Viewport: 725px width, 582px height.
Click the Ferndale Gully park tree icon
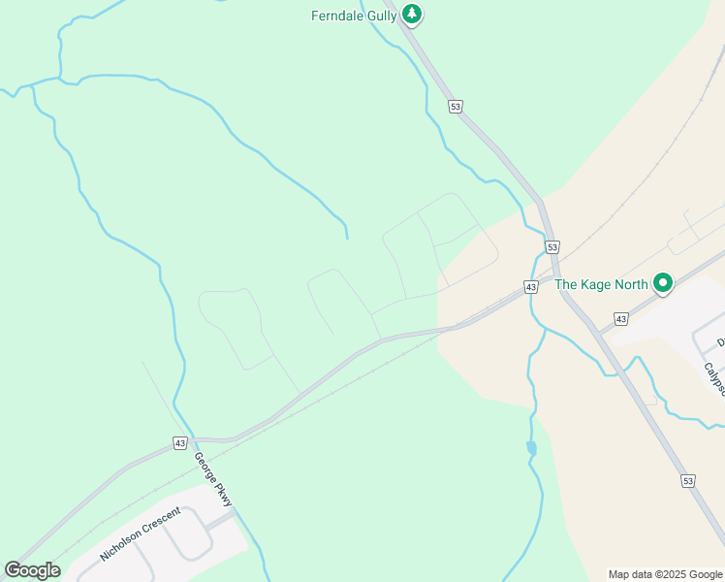413,14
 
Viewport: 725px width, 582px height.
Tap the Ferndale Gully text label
354,16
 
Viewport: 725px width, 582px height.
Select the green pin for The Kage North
663,283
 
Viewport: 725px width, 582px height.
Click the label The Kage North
601,285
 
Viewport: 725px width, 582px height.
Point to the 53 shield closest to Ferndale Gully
455,107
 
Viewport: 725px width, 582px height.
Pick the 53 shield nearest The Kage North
552,247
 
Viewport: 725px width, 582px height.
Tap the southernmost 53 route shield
687,480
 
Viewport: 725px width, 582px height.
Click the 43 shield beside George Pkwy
180,443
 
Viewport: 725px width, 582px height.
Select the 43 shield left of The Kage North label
531,287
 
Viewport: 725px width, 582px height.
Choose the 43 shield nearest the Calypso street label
620,318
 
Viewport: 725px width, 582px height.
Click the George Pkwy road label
213,479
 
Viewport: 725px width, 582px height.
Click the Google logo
32,570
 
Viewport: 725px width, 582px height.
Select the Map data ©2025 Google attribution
664,574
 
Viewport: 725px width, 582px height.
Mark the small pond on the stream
531,448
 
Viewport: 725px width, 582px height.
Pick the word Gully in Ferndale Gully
380,16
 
